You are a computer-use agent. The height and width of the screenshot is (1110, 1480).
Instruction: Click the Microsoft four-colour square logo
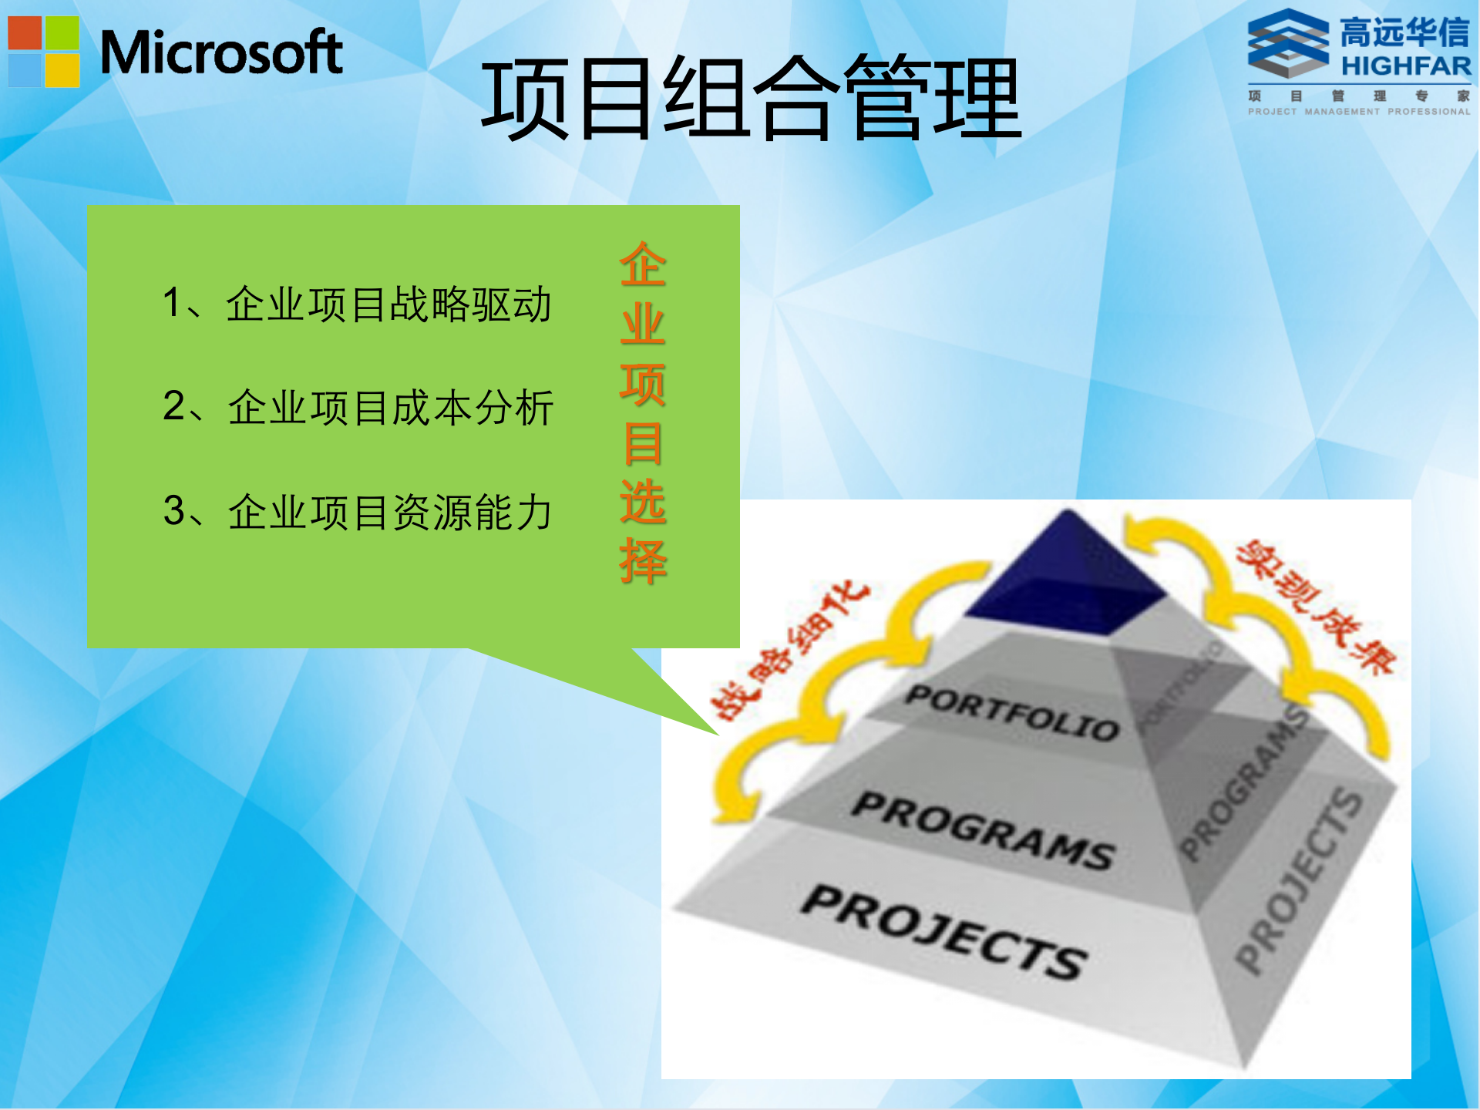(x=44, y=52)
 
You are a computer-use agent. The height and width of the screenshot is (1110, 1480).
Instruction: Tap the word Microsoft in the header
(x=221, y=52)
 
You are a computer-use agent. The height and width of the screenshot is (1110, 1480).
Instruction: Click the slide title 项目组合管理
(x=751, y=99)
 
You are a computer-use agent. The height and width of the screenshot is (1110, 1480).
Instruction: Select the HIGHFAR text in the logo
(x=1405, y=66)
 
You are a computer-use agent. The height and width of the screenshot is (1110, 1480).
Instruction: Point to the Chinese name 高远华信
(x=1404, y=32)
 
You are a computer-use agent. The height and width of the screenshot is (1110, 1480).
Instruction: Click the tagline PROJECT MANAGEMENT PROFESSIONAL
(x=1359, y=112)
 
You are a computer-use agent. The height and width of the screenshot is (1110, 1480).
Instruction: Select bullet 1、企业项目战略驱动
(x=357, y=303)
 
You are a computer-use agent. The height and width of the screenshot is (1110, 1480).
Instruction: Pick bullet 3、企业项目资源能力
(x=358, y=511)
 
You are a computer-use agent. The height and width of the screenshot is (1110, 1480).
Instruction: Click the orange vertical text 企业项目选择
(x=642, y=412)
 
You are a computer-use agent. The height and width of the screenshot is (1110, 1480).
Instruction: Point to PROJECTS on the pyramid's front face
(x=944, y=931)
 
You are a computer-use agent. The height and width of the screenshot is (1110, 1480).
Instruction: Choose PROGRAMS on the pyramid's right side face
(x=1243, y=782)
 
